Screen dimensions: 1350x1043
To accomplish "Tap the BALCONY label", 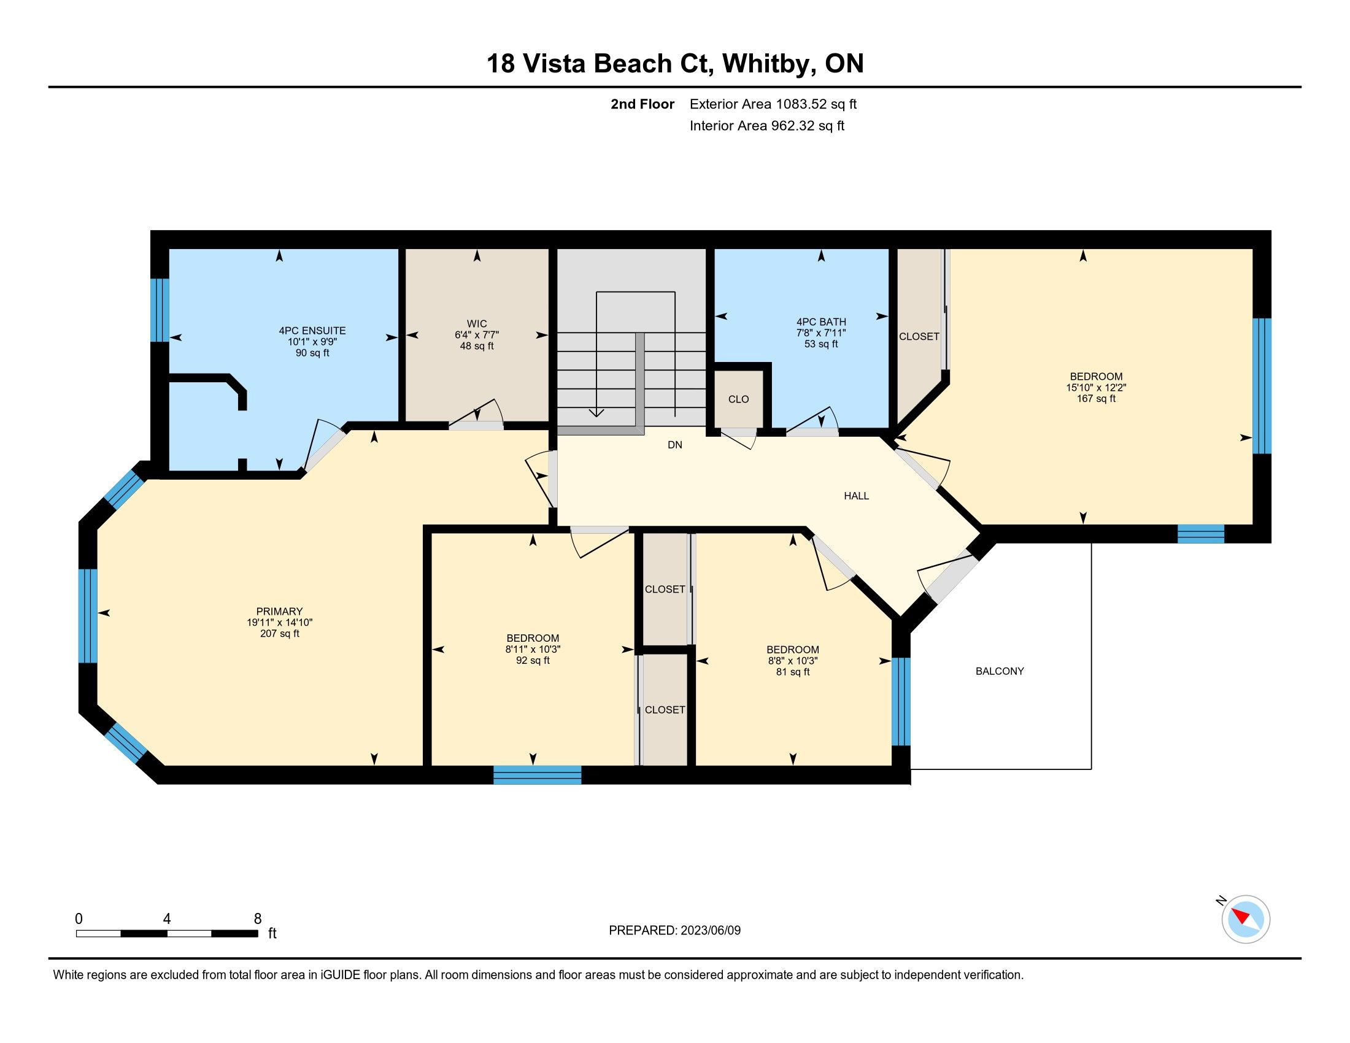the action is coord(1000,671).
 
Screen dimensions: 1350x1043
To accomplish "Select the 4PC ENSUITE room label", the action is coord(312,331).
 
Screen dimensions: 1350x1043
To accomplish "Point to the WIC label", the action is coord(477,324).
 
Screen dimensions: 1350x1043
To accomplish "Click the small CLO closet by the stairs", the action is coord(739,399).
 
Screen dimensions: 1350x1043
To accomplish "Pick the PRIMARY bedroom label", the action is coord(279,611).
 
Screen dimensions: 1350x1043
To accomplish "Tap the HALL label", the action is coord(856,496).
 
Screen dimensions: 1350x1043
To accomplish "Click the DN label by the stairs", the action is coord(675,444).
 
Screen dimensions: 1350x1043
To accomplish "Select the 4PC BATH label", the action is coord(821,322).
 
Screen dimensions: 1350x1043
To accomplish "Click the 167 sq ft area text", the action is coord(1096,399).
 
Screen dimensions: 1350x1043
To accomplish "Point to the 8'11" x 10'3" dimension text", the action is coord(533,649).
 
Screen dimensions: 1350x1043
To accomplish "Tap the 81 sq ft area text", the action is coord(792,672).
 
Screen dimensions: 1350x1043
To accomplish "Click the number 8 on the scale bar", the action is coord(258,918).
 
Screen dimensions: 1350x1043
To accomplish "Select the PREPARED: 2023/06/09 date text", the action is coord(674,930).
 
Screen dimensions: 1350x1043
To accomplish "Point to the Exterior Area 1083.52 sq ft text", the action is coord(773,104).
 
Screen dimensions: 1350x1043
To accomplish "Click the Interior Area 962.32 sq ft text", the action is coord(767,125).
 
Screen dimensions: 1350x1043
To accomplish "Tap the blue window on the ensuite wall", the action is coord(160,310).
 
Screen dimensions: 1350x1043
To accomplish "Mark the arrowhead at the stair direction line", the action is coord(596,412).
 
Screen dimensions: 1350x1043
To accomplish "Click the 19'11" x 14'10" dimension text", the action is coord(279,622).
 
